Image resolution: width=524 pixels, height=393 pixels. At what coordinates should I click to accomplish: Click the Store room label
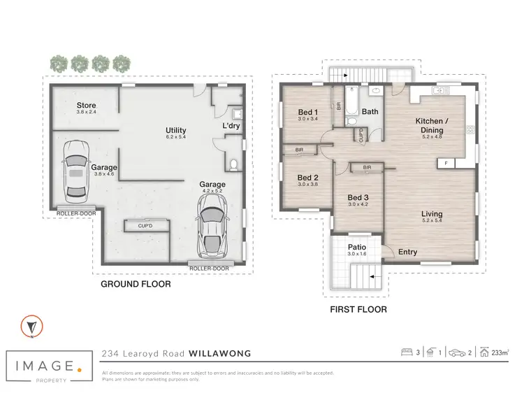pos(87,106)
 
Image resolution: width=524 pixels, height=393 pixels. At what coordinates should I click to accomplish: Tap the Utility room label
pos(175,131)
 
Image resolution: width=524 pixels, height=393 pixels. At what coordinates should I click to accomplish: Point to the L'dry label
pos(231,126)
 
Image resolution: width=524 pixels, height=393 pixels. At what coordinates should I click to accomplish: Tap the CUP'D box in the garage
pos(145,226)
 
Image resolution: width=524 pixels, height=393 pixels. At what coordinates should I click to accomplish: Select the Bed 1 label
pos(308,113)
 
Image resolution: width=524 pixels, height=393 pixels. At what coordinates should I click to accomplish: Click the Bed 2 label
pos(308,178)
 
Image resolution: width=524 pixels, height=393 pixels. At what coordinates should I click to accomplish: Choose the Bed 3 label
pos(358,198)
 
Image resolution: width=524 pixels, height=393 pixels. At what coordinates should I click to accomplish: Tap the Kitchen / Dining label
pos(429,125)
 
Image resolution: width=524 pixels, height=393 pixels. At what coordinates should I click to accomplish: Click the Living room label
pos(431,215)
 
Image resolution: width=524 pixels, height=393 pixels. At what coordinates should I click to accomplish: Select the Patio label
pos(357,247)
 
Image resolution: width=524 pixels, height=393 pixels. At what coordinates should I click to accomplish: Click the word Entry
pos(408,252)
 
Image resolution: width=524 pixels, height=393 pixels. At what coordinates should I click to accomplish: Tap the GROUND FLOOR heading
pos(136,285)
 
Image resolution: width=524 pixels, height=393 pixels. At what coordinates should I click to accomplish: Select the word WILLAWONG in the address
pos(217,354)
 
